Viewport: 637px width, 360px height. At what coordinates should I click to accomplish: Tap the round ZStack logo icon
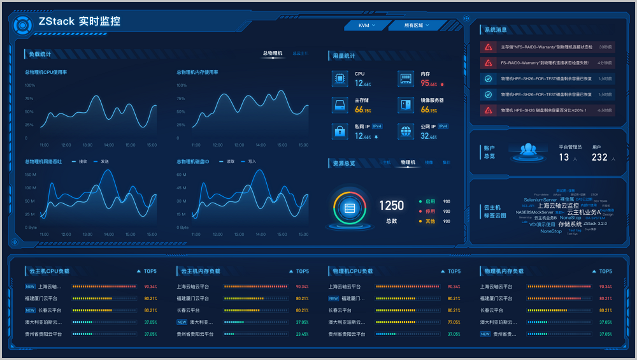(x=22, y=25)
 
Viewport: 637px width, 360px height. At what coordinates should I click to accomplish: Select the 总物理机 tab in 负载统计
(x=273, y=54)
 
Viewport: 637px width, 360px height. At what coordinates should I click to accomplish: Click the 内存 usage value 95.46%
(x=429, y=83)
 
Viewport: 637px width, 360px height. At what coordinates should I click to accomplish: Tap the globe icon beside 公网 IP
(x=406, y=131)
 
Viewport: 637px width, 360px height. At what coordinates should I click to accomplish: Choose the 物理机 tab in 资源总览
(x=408, y=162)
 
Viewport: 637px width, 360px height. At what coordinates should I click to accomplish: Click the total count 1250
(x=391, y=206)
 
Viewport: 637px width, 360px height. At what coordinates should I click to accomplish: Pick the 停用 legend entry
(x=430, y=212)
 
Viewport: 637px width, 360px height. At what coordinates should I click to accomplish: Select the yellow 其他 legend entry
(x=430, y=222)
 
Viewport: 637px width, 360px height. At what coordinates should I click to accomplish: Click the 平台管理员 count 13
(x=564, y=157)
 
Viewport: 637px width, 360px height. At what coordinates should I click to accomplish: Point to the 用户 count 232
(x=599, y=157)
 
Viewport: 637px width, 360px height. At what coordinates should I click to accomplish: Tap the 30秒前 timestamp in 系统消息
(x=605, y=47)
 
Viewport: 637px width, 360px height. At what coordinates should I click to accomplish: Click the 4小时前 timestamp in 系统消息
(x=605, y=110)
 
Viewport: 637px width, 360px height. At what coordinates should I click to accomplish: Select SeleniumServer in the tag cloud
(x=540, y=200)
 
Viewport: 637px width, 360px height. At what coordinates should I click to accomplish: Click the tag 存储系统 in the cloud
(x=569, y=224)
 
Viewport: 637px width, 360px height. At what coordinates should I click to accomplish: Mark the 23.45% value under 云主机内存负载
(x=302, y=334)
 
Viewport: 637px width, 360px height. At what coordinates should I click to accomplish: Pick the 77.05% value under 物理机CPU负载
(x=454, y=322)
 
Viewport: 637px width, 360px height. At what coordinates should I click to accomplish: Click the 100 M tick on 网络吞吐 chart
(x=31, y=188)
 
